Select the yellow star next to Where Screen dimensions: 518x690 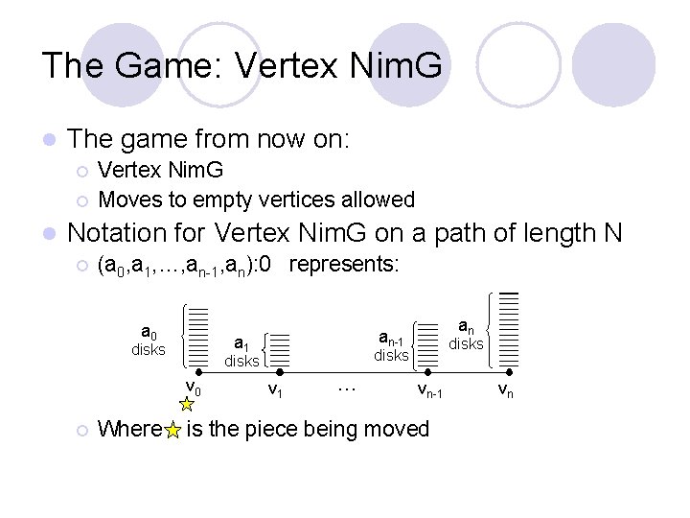(x=172, y=431)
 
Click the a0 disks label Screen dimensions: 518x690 (x=149, y=341)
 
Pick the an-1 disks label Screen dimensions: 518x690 (x=391, y=346)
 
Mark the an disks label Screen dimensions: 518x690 (x=466, y=335)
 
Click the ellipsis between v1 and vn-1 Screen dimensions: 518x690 (x=347, y=388)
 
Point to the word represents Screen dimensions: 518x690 (x=342, y=264)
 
